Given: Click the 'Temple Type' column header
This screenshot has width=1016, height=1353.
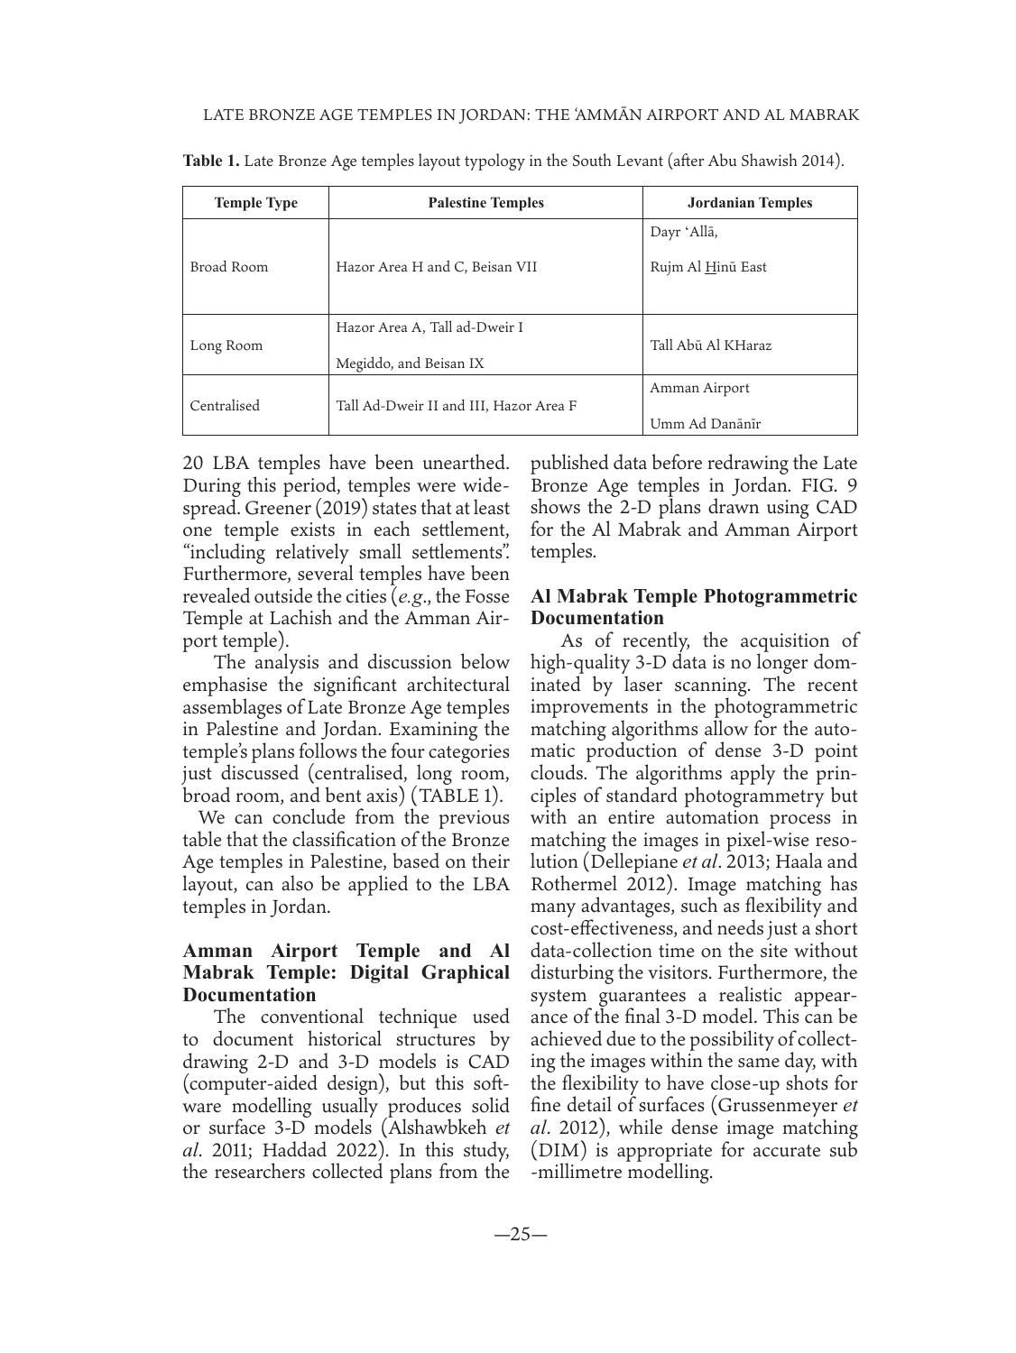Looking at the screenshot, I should pyautogui.click(x=255, y=203).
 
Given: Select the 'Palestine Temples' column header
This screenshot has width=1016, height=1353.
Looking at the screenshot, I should pyautogui.click(x=485, y=203).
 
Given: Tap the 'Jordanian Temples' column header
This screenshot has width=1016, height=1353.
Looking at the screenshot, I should pyautogui.click(x=749, y=203).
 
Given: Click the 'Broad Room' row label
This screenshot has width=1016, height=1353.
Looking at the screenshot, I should pyautogui.click(x=228, y=267).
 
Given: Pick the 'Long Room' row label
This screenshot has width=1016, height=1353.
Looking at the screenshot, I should pyautogui.click(x=226, y=345).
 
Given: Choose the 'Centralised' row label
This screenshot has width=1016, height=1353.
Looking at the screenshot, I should pyautogui.click(x=225, y=406).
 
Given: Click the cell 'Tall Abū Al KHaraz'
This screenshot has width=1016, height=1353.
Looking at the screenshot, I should pyautogui.click(x=710, y=345).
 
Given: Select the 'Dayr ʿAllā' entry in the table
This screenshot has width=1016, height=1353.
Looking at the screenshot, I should pyautogui.click(x=684, y=233).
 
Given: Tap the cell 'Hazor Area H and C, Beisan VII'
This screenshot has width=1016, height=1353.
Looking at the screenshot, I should pyautogui.click(x=437, y=267).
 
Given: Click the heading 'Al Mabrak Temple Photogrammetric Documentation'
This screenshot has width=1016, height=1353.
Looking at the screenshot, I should pyautogui.click(x=694, y=607).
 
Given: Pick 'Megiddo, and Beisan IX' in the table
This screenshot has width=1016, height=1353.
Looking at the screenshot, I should pyautogui.click(x=410, y=364).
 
